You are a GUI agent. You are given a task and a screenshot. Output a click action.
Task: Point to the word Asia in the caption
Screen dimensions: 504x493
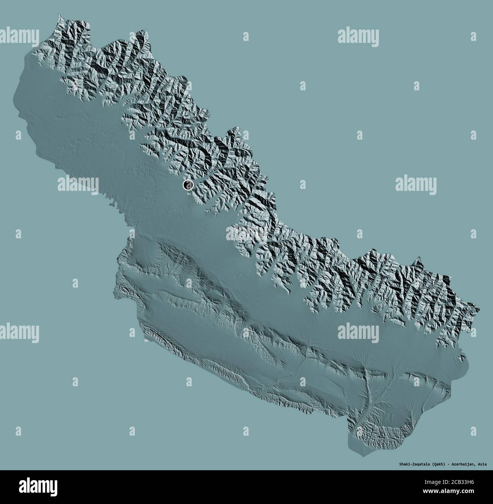pos(482,464)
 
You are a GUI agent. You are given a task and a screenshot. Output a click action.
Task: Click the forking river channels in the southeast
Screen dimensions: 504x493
pos(366,391)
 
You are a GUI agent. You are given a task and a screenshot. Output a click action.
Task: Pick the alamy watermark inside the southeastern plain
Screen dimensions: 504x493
pos(358,332)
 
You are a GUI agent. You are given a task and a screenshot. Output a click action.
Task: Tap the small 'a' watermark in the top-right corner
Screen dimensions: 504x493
pos(473,36)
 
